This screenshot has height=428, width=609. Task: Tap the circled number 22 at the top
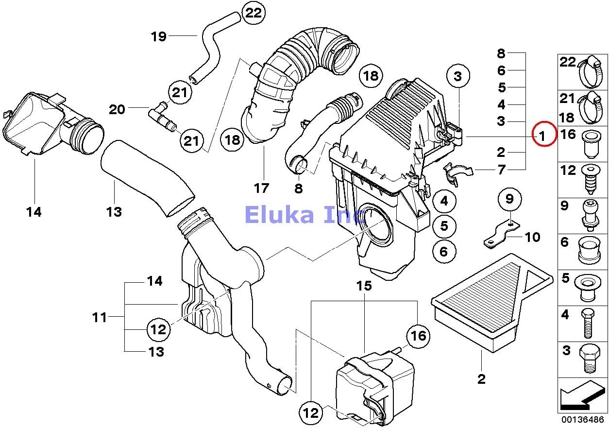click(253, 13)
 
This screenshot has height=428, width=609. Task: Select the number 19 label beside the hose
click(159, 36)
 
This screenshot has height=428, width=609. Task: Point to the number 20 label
click(117, 109)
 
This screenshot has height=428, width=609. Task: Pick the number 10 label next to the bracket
click(532, 237)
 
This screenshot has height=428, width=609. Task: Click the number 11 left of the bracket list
click(100, 318)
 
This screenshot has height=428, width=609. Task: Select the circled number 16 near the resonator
click(418, 335)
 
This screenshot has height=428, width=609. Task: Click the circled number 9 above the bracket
click(509, 199)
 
